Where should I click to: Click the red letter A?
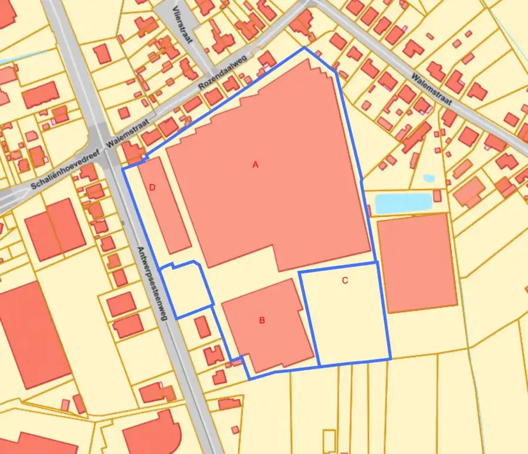coord(255,165)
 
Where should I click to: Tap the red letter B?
coord(262,320)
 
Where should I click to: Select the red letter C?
coord(345,280)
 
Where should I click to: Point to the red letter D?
coord(152,188)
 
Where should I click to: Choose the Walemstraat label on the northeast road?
coord(433,89)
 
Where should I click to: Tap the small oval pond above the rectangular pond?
coord(429,178)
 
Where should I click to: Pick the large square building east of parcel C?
coord(417,262)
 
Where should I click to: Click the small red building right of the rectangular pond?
coord(437,196)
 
